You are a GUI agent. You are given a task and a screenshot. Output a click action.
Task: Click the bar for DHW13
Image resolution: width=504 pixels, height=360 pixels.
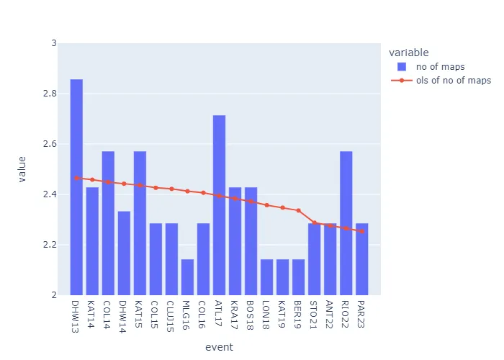(x=76, y=187)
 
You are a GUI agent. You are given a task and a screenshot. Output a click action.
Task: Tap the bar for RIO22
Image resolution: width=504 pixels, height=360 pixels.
(x=346, y=223)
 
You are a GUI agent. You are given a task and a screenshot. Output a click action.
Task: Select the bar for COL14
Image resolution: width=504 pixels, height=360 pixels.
(x=108, y=223)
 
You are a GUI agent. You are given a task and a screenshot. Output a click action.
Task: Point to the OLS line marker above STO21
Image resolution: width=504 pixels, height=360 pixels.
(x=314, y=222)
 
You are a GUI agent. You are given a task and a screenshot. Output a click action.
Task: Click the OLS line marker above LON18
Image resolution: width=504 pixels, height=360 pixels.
(x=266, y=205)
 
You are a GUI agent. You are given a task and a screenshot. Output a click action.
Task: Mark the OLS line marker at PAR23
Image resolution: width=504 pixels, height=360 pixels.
(x=361, y=231)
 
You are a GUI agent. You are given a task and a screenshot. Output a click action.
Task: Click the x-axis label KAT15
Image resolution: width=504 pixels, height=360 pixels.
(x=140, y=314)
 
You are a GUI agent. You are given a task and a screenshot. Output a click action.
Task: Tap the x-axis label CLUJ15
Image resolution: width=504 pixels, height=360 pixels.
(x=171, y=316)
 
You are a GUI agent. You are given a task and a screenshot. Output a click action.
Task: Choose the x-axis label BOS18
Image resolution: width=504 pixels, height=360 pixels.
(x=251, y=314)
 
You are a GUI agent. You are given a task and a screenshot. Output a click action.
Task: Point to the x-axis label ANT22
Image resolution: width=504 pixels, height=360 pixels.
(x=330, y=314)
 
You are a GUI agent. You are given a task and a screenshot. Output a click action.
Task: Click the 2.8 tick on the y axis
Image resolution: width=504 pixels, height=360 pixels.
(x=50, y=94)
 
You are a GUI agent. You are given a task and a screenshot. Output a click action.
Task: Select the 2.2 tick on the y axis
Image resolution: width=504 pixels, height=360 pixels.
(x=50, y=245)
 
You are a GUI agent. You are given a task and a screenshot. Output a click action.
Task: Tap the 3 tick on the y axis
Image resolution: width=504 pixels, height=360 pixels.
(x=53, y=43)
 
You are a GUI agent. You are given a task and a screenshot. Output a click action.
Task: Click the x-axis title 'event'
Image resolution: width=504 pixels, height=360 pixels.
(x=219, y=347)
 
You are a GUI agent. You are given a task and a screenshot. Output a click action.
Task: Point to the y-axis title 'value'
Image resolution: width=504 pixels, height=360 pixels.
(x=22, y=169)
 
